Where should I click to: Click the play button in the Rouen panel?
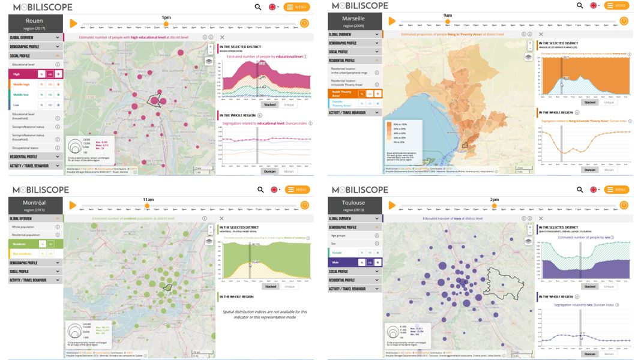73,23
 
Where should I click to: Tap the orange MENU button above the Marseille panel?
616,6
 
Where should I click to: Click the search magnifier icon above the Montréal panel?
260,190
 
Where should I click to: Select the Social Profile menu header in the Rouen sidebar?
35,55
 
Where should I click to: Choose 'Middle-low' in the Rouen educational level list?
22,94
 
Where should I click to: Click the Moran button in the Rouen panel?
289,171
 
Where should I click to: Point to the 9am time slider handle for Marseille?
447,22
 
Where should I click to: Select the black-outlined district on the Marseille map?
464,144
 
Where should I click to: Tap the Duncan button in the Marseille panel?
590,170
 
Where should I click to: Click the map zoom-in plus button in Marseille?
529,46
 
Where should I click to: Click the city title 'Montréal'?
34,203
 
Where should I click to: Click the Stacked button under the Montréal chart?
271,286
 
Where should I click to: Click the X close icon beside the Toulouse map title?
541,218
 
